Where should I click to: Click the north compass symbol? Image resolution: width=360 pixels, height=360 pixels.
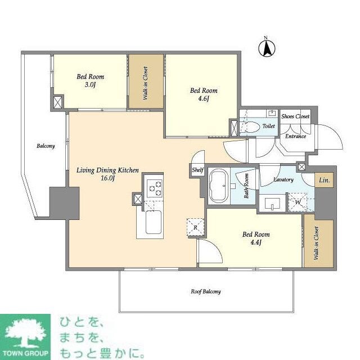tap(267, 48)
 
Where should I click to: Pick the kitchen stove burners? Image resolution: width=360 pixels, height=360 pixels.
tap(154, 187)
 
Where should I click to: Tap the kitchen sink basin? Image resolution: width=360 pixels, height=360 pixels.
tap(153, 223)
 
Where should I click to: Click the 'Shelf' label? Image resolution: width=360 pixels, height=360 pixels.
tap(197, 170)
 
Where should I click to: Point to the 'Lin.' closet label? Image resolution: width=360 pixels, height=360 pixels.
tap(325, 181)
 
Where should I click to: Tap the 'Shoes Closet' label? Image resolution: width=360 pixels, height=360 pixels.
tap(295, 116)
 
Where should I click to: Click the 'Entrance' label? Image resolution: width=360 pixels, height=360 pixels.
tap(295, 137)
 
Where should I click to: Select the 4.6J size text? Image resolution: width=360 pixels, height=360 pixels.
tap(203, 99)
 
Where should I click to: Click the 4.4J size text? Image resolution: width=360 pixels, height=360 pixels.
tap(256, 242)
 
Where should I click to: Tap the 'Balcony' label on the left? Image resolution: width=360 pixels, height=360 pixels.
tap(46, 146)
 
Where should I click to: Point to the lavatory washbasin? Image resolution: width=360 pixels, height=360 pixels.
tap(273, 202)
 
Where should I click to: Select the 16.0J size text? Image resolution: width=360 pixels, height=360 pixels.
tap(107, 178)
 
